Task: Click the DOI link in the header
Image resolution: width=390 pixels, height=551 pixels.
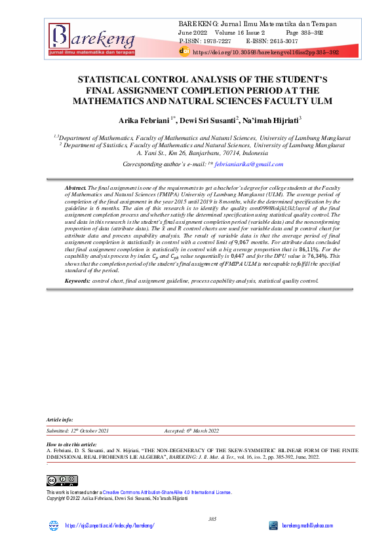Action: click(x=265, y=51)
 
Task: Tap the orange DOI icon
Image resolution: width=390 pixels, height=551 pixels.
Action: click(x=184, y=50)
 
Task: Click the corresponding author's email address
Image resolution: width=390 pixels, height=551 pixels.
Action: click(x=246, y=164)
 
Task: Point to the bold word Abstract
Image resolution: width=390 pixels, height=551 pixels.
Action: click(x=76, y=188)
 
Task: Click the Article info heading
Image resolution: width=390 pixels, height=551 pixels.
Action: click(x=60, y=419)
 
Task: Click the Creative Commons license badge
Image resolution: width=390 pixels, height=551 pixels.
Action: click(x=62, y=481)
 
